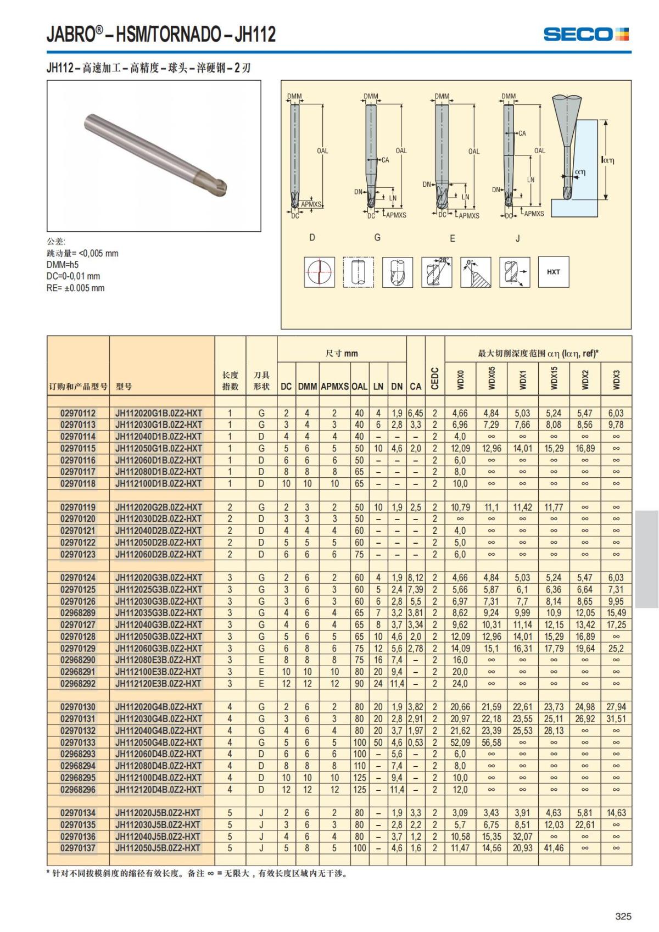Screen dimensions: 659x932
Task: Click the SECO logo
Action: tap(586, 34)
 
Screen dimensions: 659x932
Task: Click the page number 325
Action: tap(623, 916)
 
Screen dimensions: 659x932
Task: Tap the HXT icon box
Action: tap(554, 272)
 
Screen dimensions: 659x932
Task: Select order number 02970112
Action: tap(78, 413)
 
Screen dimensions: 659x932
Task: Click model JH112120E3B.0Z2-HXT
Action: tap(159, 684)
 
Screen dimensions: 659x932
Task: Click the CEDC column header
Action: tap(435, 378)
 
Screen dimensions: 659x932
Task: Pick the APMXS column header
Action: tap(334, 387)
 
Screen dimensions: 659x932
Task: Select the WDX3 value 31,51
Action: tap(616, 719)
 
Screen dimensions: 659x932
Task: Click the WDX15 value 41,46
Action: tap(554, 848)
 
